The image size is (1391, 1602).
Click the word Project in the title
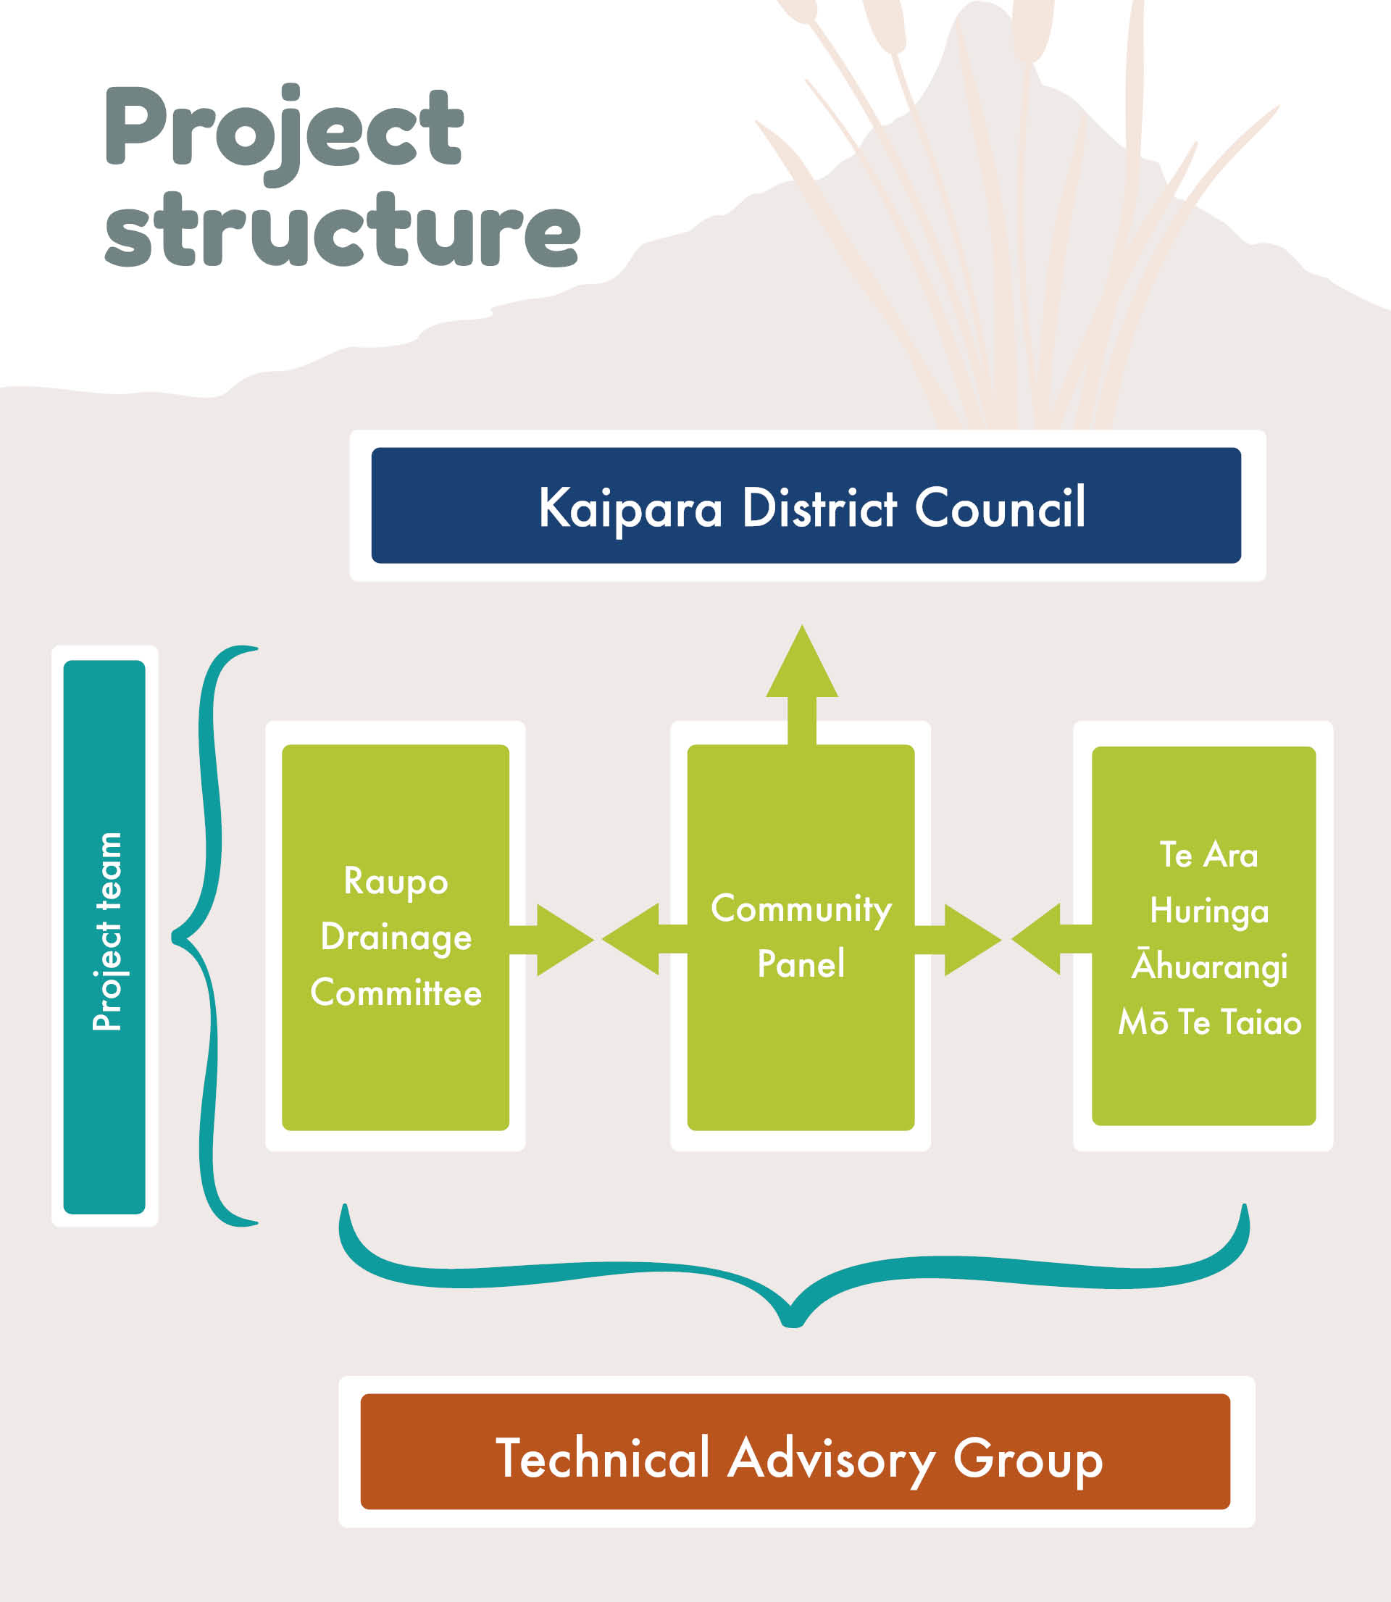pos(284,128)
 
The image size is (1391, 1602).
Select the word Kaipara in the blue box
pos(630,509)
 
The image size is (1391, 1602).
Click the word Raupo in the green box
pos(396,881)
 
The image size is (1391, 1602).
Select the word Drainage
pos(396,937)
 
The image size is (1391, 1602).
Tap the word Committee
pos(396,993)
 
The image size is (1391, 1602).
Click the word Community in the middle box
pos(801,908)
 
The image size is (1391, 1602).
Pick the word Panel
pos(801,964)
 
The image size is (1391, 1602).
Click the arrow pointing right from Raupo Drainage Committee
pos(555,939)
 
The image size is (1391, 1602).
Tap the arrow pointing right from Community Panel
pos(963,939)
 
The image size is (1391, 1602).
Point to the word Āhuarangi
pos(1209,966)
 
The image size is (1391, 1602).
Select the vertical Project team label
pos(105,931)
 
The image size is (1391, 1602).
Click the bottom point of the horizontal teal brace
pos(792,1321)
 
